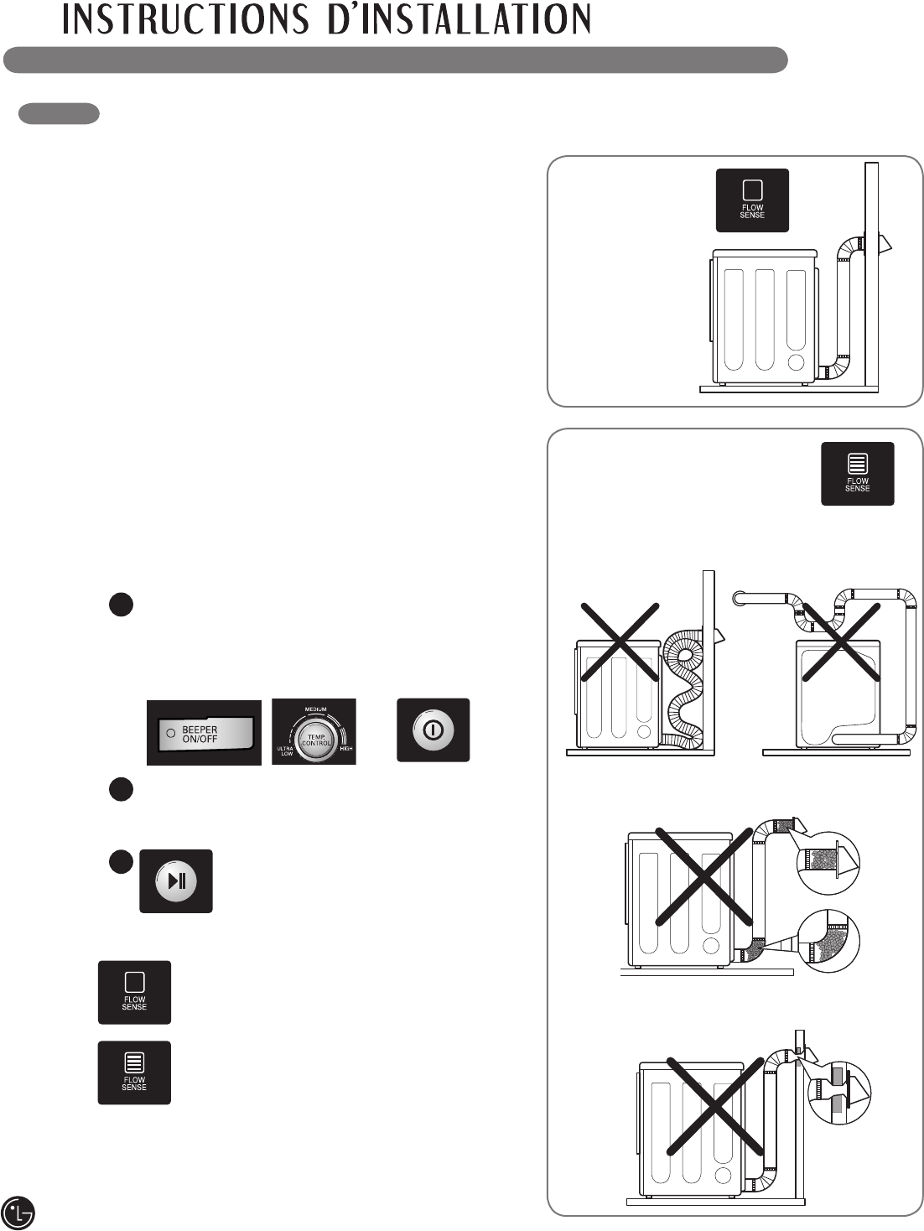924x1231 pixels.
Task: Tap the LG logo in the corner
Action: point(18,1212)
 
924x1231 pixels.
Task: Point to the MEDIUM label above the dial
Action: point(315,709)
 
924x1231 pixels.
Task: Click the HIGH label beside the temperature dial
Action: point(345,748)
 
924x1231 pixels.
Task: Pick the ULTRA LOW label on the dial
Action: point(285,751)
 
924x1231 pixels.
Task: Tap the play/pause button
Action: point(176,881)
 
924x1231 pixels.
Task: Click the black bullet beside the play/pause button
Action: point(121,862)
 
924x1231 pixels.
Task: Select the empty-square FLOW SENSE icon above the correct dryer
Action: point(752,200)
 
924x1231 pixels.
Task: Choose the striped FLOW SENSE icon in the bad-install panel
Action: point(857,474)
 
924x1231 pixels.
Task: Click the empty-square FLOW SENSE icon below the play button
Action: point(134,992)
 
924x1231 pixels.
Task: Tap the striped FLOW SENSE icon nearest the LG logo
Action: point(134,1073)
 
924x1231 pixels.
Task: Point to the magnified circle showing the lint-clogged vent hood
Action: point(828,862)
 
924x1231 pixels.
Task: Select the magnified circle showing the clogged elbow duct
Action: point(828,942)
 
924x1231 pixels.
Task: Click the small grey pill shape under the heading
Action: point(59,114)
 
